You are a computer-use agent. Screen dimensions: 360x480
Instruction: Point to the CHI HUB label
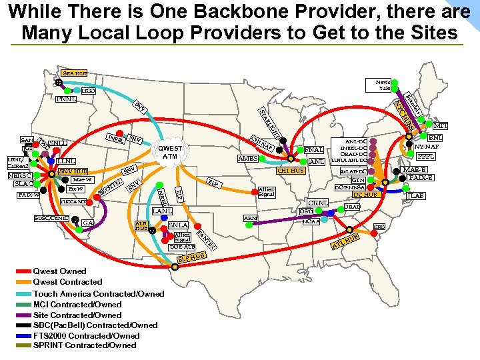291,171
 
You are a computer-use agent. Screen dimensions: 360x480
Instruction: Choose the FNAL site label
314,151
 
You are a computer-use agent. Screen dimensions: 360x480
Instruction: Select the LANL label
162,211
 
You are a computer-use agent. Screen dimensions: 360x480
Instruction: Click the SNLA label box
179,225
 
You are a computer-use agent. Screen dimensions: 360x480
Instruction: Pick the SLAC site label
23,184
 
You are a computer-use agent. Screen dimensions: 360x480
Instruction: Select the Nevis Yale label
383,84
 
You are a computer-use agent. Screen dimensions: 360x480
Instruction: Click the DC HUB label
365,195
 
